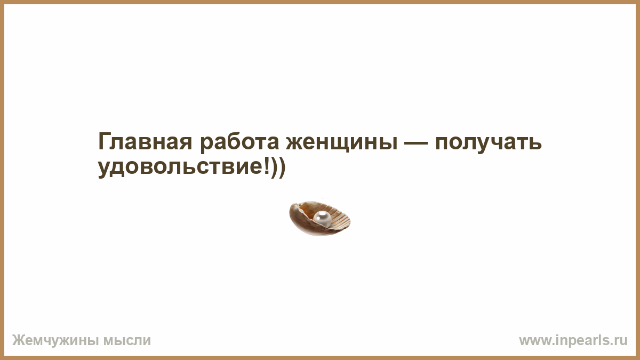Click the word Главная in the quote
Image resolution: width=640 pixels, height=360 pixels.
click(x=145, y=141)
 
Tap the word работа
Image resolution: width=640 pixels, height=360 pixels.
click(x=239, y=142)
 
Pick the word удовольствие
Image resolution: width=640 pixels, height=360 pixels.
click(x=180, y=168)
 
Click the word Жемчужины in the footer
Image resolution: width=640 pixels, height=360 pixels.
click(x=55, y=341)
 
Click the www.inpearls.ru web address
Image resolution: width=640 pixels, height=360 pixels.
click(x=573, y=341)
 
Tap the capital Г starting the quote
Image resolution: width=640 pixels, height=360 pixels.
click(x=105, y=141)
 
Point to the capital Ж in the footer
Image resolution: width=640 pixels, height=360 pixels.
click(x=19, y=341)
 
